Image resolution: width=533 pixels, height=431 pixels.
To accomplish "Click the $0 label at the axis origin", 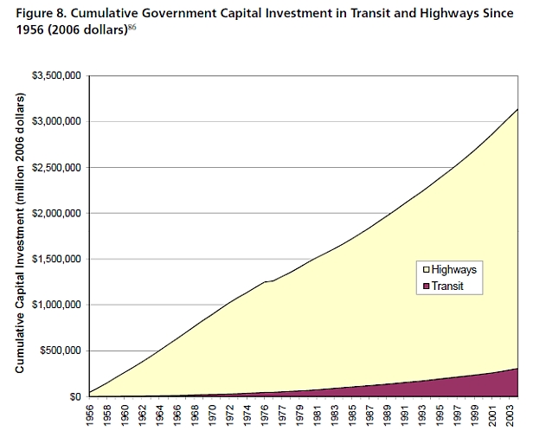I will (74, 397).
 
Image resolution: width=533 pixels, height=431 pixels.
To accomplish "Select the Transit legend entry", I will (447, 286).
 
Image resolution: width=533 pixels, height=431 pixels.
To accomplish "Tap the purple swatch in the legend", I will (424, 286).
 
